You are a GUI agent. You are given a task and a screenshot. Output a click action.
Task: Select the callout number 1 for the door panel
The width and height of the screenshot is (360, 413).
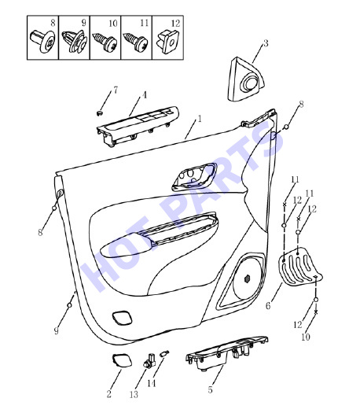(x=200, y=119)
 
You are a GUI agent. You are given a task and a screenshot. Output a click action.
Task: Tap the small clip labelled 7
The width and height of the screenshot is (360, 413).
(x=99, y=113)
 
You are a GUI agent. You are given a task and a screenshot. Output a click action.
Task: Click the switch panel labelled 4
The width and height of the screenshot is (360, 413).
(x=138, y=126)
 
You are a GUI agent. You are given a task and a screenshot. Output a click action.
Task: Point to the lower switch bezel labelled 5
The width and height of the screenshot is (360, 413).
(x=227, y=352)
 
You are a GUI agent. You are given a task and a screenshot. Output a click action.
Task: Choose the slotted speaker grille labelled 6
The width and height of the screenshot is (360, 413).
(x=300, y=267)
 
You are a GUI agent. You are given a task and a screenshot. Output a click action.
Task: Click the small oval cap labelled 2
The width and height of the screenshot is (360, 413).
(x=122, y=360)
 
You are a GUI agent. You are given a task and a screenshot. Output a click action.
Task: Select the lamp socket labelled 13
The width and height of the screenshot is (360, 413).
(x=149, y=360)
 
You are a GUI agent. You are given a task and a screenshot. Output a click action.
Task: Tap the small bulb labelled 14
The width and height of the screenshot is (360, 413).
(x=165, y=353)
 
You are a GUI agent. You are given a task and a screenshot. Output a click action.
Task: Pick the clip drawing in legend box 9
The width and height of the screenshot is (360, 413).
(x=75, y=42)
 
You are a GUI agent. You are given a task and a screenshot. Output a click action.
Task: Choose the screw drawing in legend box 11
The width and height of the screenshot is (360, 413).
(x=136, y=42)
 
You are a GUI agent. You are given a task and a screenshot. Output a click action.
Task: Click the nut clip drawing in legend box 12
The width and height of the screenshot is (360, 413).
(x=167, y=42)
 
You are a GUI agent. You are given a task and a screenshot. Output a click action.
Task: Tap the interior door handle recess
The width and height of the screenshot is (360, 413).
(x=195, y=176)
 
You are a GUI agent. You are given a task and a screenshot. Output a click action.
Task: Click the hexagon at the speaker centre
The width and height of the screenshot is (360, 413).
(x=248, y=278)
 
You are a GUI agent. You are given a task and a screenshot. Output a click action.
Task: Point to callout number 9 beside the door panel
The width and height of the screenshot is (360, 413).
(x=56, y=331)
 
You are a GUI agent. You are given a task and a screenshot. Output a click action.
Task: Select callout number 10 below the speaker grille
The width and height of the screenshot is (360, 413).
(x=306, y=337)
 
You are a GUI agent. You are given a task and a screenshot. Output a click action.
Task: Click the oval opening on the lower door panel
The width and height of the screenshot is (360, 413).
(x=122, y=318)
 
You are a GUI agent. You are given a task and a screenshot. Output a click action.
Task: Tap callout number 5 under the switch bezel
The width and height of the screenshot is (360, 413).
(x=210, y=390)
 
